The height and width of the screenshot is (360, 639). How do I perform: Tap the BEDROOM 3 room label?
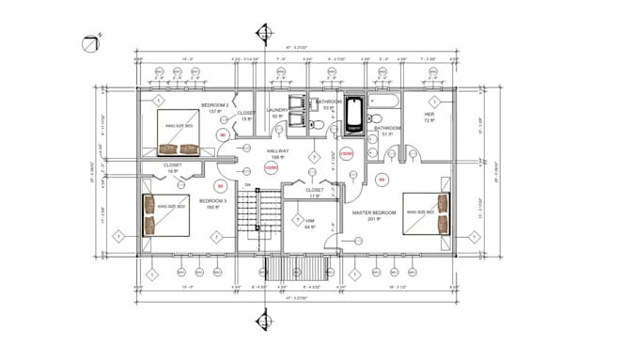pos(211,201)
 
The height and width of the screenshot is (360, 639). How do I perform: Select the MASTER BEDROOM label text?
pos(372,212)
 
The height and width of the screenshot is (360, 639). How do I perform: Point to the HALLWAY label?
pos(277,150)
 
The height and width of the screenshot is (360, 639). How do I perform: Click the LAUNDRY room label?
pos(276,110)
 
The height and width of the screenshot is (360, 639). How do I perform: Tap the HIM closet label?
pos(310,221)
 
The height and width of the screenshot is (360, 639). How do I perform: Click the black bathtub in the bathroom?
pos(354,112)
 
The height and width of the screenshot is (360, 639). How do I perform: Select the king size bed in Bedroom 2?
pos(179,133)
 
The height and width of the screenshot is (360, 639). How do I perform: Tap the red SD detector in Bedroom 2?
pos(223,135)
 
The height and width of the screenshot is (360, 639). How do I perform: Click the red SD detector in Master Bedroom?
pos(382,179)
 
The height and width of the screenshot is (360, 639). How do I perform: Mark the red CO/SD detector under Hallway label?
pos(271,167)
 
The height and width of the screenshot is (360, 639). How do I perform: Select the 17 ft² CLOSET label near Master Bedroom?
pos(316,191)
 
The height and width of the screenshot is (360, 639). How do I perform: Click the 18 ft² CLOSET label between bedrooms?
pos(173,166)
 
